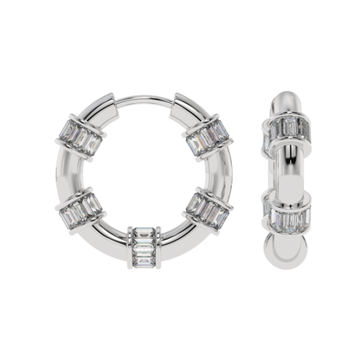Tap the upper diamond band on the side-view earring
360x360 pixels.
coord(282,135)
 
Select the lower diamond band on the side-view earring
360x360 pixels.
coord(282,216)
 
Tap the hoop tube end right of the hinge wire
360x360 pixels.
coord(177,106)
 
